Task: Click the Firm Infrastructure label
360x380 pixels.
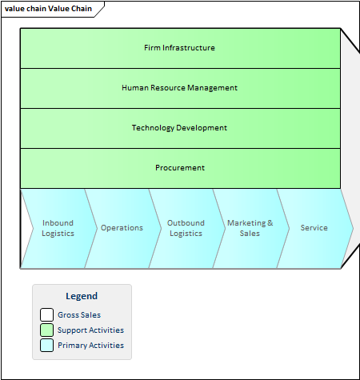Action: (179, 48)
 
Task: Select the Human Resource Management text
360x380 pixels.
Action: (179, 88)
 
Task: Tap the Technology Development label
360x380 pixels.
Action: (179, 128)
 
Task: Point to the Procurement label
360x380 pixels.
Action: (180, 168)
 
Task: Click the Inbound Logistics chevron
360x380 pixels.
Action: (58, 228)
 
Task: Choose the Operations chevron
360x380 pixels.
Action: (122, 228)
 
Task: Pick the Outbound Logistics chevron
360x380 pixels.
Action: (186, 228)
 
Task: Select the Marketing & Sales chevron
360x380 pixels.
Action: (250, 228)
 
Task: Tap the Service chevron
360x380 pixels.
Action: (314, 228)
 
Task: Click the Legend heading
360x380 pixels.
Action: (82, 296)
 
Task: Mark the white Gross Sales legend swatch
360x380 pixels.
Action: (46, 314)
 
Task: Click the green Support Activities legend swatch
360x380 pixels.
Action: (46, 330)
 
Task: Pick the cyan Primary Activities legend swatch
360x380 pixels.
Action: (46, 346)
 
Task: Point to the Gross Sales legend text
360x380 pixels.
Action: (79, 315)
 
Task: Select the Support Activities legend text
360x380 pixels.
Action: (90, 330)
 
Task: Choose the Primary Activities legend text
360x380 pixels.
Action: (90, 346)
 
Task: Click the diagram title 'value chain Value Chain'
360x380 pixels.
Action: (48, 9)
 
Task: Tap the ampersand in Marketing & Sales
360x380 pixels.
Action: (270, 222)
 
